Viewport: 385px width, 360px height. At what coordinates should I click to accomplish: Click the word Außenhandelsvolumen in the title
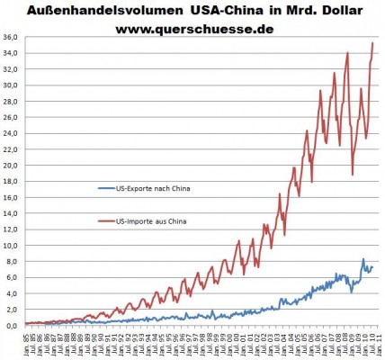101,11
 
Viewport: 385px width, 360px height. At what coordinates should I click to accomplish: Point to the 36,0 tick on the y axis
11,37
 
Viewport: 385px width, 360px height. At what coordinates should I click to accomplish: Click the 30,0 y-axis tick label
11,85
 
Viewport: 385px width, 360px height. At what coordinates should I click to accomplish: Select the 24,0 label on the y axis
11,133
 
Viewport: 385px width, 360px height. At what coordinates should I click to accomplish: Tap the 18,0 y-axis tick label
11,181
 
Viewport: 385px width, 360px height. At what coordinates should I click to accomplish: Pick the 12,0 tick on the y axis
11,229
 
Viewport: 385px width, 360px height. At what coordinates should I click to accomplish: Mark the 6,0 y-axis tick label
11,276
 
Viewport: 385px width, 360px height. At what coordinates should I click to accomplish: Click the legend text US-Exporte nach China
154,188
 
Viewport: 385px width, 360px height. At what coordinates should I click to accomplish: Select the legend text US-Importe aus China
155,220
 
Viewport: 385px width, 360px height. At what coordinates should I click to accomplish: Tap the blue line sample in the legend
105,188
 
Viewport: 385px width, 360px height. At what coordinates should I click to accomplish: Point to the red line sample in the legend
105,220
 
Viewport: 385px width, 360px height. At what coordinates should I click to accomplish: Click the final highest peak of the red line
373,43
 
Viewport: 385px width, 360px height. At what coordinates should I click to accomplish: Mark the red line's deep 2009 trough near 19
353,175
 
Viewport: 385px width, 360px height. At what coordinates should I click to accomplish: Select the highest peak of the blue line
363,259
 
